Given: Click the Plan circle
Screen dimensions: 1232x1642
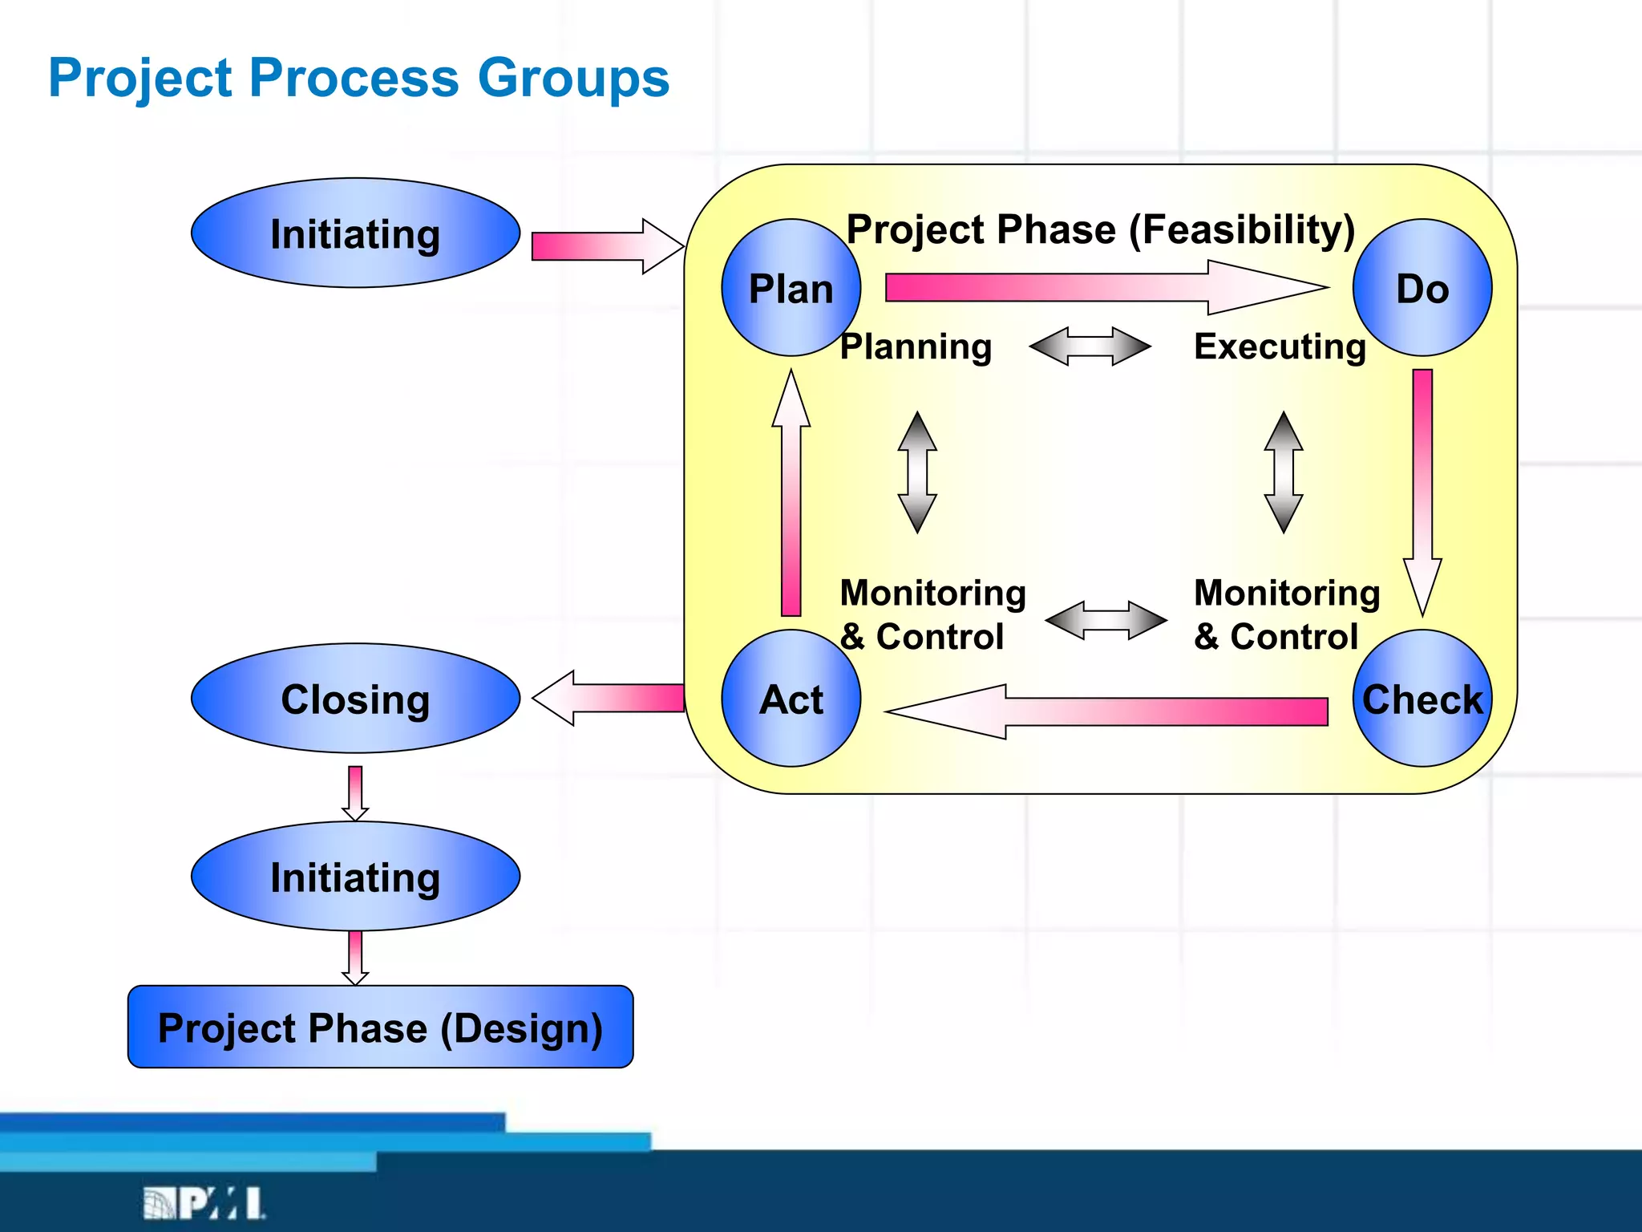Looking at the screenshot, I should pyautogui.click(x=791, y=288).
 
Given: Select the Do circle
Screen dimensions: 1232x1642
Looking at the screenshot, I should pyautogui.click(x=1422, y=288).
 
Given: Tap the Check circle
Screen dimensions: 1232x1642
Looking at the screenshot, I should pyautogui.click(x=1422, y=699).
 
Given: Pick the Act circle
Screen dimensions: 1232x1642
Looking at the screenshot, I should pyautogui.click(x=791, y=699).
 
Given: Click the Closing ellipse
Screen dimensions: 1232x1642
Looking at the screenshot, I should pyautogui.click(x=355, y=699).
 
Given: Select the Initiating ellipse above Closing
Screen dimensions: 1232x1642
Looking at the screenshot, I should pyautogui.click(x=355, y=233).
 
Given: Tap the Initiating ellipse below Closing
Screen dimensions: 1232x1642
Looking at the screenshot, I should pyautogui.click(x=355, y=876).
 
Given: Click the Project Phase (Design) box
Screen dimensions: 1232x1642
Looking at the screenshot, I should pyautogui.click(x=380, y=1027).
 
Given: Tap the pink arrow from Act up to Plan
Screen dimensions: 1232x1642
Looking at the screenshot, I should pyautogui.click(x=791, y=497).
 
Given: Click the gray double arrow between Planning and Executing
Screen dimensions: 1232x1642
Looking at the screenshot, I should pyautogui.click(x=1090, y=346).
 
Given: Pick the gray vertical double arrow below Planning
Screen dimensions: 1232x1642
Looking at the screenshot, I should pyautogui.click(x=917, y=472).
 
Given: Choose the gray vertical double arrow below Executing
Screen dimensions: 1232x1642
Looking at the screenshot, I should pyautogui.click(x=1284, y=472).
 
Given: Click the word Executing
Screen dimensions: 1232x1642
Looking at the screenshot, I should pyautogui.click(x=1280, y=346).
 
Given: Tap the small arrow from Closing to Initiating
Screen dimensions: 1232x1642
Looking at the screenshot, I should pyautogui.click(x=355, y=792).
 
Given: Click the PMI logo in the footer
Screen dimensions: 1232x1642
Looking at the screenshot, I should pyautogui.click(x=204, y=1203).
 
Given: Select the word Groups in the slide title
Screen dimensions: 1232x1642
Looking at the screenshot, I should pyautogui.click(x=573, y=79).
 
